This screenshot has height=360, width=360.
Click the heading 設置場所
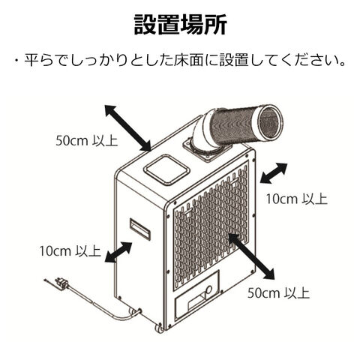[x=180, y=25]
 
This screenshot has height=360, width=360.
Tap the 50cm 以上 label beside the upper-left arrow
[x=87, y=141]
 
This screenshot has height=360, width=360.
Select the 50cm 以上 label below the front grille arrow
[x=278, y=292]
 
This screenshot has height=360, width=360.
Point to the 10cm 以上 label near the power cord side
[x=70, y=251]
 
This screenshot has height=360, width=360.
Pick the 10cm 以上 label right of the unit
[x=296, y=199]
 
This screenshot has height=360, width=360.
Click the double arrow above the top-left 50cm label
[x=128, y=128]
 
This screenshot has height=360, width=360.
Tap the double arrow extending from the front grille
[x=251, y=256]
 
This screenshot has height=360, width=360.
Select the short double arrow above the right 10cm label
[x=274, y=173]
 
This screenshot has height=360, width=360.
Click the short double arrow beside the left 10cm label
[x=118, y=252]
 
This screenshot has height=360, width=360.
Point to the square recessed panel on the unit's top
[x=166, y=169]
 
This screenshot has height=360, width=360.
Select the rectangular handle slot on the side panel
[x=140, y=229]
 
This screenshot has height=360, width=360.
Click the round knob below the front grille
[x=208, y=289]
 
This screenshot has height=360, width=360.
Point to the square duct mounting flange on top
[x=208, y=148]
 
